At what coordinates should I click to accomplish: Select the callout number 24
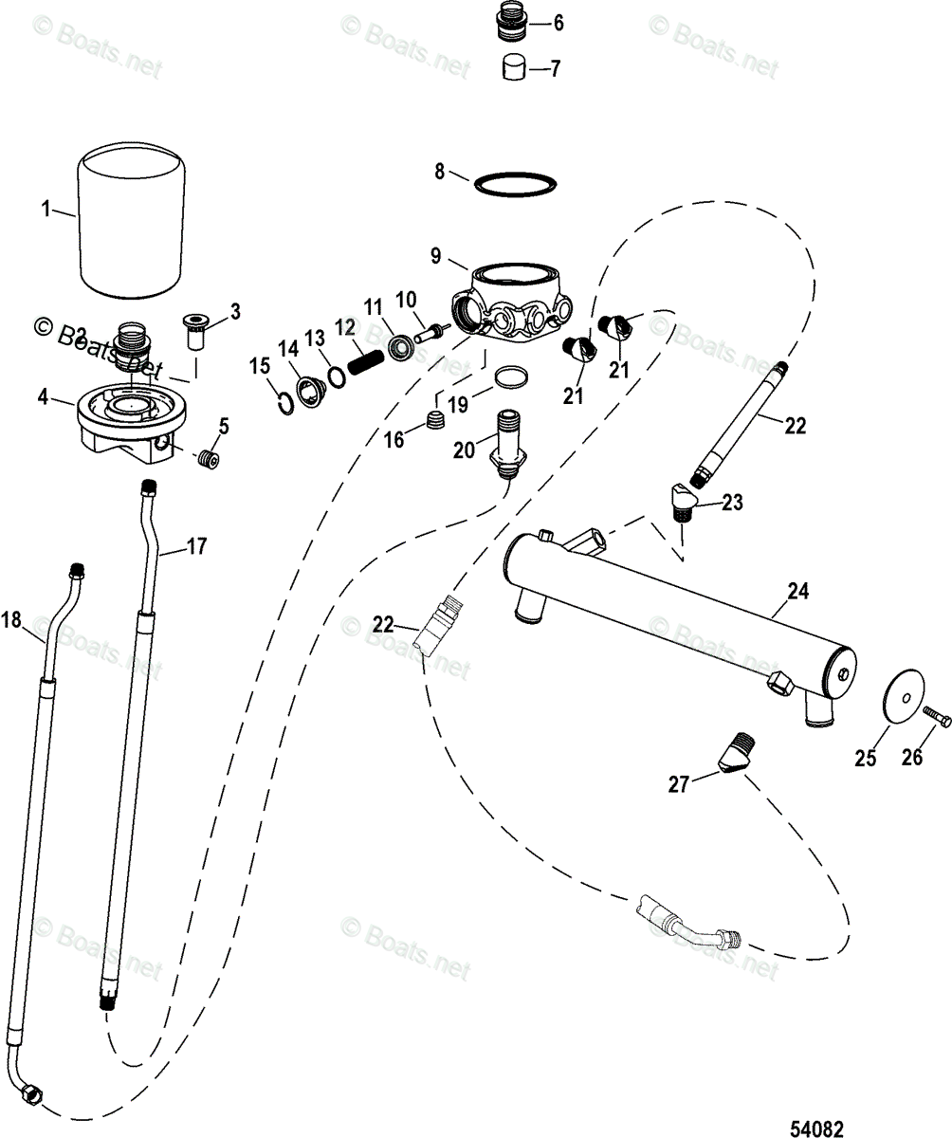click(797, 593)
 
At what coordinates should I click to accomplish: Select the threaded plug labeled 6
click(513, 23)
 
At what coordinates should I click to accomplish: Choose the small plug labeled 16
click(436, 420)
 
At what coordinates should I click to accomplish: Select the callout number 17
click(196, 546)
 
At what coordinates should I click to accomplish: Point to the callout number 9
click(435, 256)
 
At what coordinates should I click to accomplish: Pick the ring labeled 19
click(510, 376)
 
